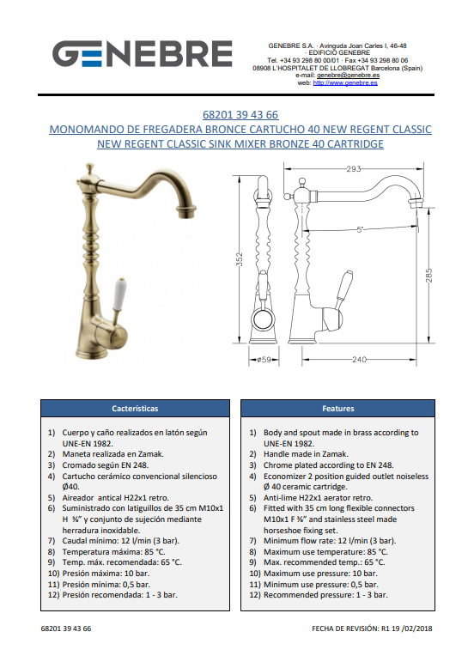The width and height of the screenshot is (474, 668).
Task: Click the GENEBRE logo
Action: click(x=143, y=54)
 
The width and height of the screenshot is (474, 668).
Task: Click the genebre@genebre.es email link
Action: click(x=348, y=76)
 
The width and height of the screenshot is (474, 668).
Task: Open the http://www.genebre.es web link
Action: click(x=345, y=83)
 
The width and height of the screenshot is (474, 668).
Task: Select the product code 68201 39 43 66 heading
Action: click(x=240, y=114)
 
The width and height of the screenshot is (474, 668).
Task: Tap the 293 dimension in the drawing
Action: click(x=354, y=169)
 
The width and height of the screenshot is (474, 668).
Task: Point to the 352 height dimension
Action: click(x=240, y=259)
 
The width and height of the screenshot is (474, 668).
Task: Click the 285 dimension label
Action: click(x=428, y=276)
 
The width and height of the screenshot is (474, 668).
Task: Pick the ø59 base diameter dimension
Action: click(x=264, y=360)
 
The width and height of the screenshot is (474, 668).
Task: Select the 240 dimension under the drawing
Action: click(x=359, y=360)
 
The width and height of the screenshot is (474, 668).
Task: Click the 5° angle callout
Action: click(x=361, y=229)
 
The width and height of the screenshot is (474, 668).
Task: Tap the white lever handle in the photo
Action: click(x=118, y=294)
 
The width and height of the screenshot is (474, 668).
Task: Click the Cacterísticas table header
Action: click(x=135, y=409)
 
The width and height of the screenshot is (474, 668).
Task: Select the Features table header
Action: click(x=337, y=409)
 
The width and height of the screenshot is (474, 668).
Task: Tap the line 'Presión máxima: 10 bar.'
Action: click(x=106, y=574)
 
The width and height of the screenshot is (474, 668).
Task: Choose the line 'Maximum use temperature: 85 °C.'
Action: click(x=325, y=552)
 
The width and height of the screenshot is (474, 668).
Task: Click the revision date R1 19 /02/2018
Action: click(x=407, y=629)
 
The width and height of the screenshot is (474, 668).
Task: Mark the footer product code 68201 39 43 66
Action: click(x=66, y=629)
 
